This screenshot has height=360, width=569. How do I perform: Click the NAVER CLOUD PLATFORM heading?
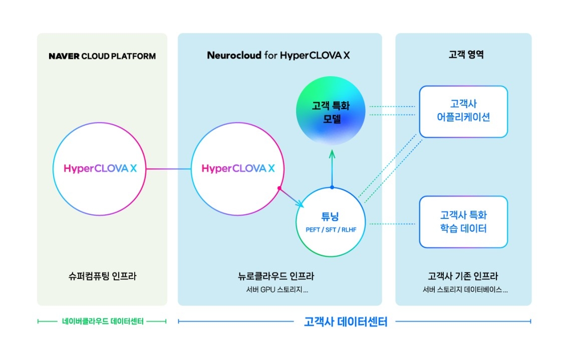click(x=102, y=56)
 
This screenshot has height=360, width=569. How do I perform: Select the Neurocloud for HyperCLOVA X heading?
click(x=278, y=55)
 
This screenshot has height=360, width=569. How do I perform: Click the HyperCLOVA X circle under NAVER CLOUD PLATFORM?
click(x=100, y=169)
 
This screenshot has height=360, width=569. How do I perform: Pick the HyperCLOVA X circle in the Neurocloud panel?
click(x=238, y=169)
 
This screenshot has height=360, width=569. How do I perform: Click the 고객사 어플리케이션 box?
click(x=463, y=111)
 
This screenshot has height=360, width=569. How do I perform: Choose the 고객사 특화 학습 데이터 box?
click(x=463, y=222)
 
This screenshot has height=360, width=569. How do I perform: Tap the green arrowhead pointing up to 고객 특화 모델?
click(x=332, y=154)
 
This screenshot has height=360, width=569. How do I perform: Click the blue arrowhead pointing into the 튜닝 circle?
click(x=300, y=204)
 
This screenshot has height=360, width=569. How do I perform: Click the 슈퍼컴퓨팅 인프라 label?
click(x=102, y=276)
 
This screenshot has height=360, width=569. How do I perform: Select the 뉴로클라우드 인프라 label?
click(x=276, y=276)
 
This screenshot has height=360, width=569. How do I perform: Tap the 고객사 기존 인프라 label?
click(x=463, y=276)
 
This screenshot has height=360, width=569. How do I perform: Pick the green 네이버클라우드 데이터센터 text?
click(x=102, y=321)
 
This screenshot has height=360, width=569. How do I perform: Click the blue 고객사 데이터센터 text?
click(x=346, y=321)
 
